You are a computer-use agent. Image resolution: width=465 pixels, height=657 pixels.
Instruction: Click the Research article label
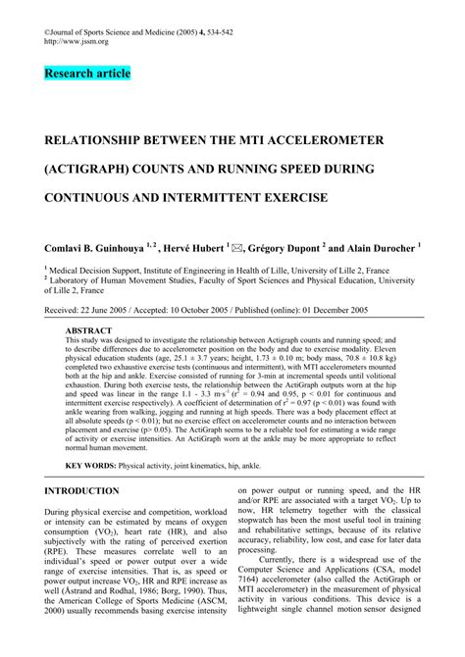pos(86,74)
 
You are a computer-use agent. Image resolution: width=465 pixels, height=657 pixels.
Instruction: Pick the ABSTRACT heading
pos(86,332)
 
